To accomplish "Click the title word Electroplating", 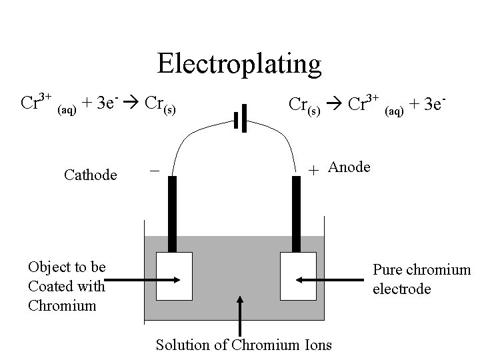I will [x=239, y=64].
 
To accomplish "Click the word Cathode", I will [x=91, y=175].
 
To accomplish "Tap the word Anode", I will [x=349, y=167].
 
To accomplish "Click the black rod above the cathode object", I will [x=173, y=213].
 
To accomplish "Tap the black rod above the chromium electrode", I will [x=298, y=213].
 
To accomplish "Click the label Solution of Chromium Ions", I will [x=243, y=345].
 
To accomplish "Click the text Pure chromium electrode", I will [x=421, y=279].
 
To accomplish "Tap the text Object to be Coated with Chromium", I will [x=67, y=286].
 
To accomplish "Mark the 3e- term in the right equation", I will [x=432, y=104].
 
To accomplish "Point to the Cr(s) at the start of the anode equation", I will [x=304, y=105].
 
